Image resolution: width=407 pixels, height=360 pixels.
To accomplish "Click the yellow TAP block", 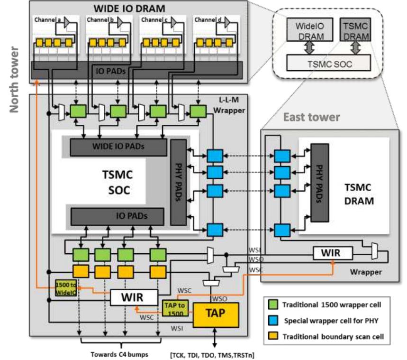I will pyautogui.click(x=216, y=314).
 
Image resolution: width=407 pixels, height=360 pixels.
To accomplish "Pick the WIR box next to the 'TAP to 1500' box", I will pyautogui.click(x=134, y=298).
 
